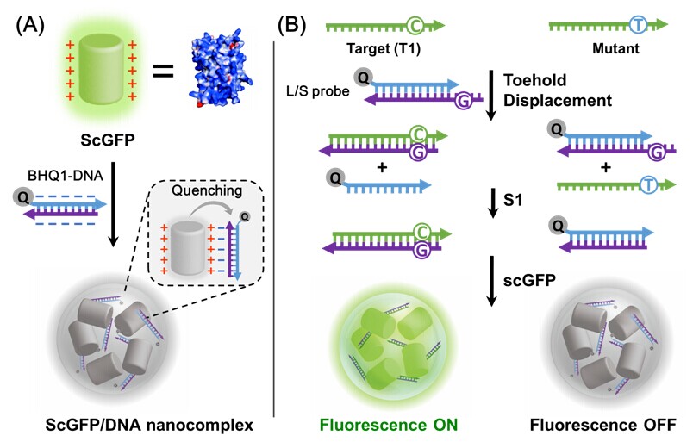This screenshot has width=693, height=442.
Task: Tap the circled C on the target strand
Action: pos(413,26)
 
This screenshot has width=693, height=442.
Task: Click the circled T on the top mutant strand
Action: pos(639,26)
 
